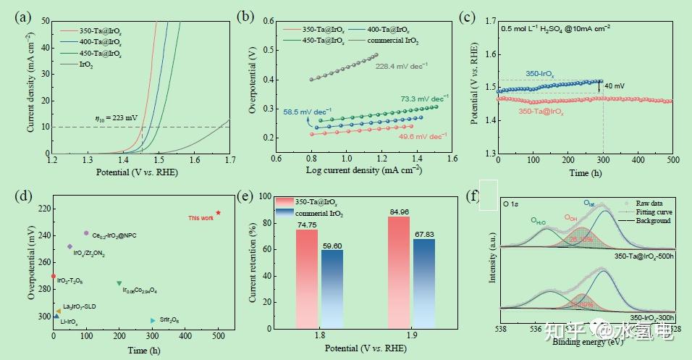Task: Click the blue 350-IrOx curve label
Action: [541, 74]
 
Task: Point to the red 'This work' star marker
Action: [218, 213]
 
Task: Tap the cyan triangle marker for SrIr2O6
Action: [152, 320]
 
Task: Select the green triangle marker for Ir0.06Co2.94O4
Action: [119, 283]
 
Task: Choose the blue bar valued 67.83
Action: [424, 283]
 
